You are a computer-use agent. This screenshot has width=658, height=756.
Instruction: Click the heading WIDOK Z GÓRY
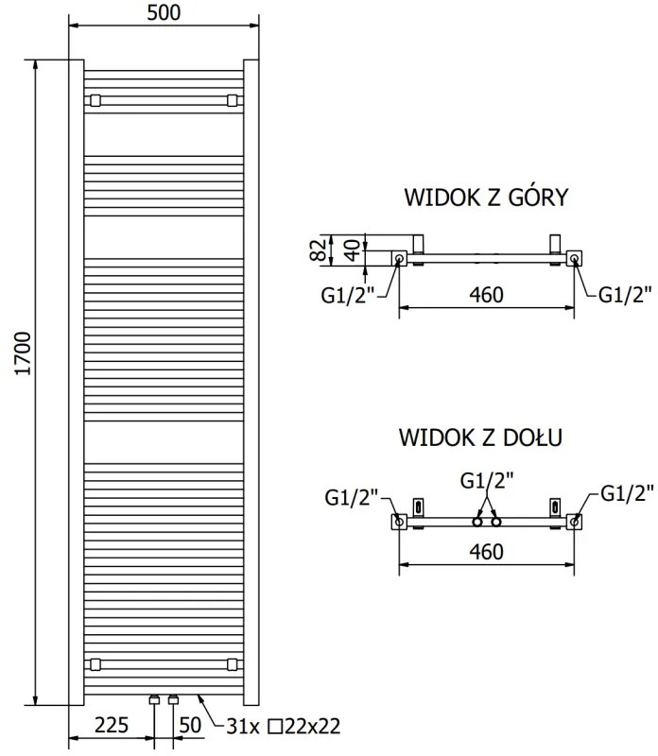(485, 198)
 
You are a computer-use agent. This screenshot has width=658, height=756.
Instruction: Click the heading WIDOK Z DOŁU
(481, 438)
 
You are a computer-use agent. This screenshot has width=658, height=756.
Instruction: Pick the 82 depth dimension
(319, 250)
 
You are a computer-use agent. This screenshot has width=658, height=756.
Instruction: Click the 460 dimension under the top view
(485, 295)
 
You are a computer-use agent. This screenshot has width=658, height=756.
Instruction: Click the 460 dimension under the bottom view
(485, 551)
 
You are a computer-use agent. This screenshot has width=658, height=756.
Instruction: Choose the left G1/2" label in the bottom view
(351, 494)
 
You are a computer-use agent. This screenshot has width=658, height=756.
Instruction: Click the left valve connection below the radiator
(154, 701)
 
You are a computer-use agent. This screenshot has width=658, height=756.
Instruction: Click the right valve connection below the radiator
(172, 701)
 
